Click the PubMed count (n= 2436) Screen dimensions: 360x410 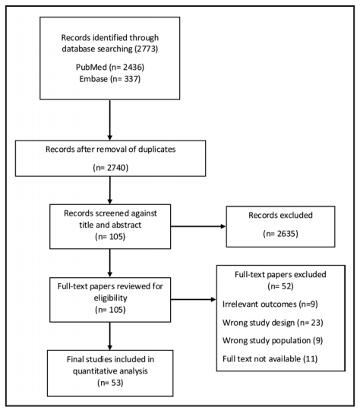coord(126,68)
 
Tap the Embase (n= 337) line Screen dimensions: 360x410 coord(110,79)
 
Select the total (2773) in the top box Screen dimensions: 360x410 coord(147,49)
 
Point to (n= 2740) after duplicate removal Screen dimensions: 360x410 coord(111,168)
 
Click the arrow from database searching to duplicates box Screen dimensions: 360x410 coord(110,120)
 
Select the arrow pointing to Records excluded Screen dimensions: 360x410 coord(198,226)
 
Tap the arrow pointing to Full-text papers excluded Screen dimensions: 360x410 coord(194,300)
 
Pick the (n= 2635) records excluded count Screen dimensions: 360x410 coord(280,234)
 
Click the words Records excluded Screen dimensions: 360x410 coord(280,215)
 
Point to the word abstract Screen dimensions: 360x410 coord(127,225)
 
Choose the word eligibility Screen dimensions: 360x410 coord(110,298)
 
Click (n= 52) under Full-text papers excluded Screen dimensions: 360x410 coord(280,286)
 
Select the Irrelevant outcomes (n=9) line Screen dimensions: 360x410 coord(270,304)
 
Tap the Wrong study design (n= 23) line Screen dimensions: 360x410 coord(273,323)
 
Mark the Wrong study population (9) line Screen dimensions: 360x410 coord(273,340)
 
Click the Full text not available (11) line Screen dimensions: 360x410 coord(270,358)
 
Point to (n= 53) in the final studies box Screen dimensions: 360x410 coord(110,383)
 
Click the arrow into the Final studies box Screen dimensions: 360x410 coord(110,336)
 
